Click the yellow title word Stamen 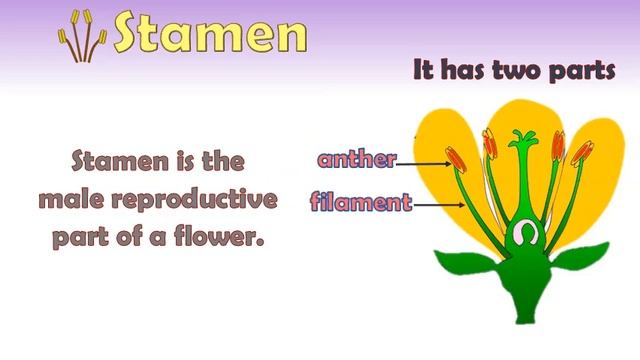point(209,32)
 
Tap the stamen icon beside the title point(83,35)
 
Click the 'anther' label point(357,159)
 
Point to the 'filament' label point(361,202)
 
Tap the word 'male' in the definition point(74,200)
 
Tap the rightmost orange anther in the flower point(581,153)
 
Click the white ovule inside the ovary point(520,234)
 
